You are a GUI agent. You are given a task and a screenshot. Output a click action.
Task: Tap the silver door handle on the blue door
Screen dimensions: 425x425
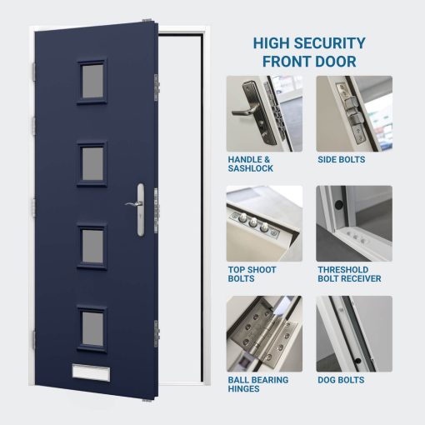[x=136, y=202]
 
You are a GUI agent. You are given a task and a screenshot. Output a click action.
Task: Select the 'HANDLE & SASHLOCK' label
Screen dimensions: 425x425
[x=249, y=163]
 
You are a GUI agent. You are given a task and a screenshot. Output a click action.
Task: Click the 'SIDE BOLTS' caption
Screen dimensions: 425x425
[x=341, y=158]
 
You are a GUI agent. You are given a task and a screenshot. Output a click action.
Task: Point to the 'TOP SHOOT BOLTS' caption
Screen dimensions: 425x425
[x=252, y=274]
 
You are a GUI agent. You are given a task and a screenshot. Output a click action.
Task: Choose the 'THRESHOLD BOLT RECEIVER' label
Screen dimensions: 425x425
[x=349, y=274]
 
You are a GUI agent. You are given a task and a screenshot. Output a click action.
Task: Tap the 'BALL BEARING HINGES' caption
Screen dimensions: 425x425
[x=258, y=384]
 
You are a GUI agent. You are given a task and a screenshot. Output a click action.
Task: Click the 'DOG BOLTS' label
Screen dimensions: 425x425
[x=340, y=380]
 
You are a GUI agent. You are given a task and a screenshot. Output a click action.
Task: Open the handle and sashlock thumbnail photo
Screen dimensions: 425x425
[x=264, y=113]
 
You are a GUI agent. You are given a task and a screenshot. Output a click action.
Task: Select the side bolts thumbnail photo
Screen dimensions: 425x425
[x=353, y=113]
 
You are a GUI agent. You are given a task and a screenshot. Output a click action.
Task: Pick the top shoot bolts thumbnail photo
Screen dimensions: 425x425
[x=264, y=223]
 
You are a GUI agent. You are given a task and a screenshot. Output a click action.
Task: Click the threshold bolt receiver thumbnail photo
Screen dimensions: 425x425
[x=353, y=223]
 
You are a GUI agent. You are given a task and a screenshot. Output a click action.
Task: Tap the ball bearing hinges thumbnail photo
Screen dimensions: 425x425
[x=264, y=333]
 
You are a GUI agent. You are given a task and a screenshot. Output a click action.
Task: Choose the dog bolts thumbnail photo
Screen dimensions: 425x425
[x=353, y=333]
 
